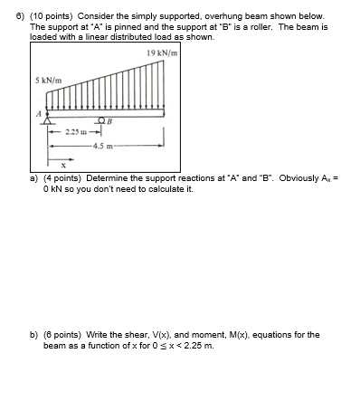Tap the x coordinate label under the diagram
click(x=63, y=166)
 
